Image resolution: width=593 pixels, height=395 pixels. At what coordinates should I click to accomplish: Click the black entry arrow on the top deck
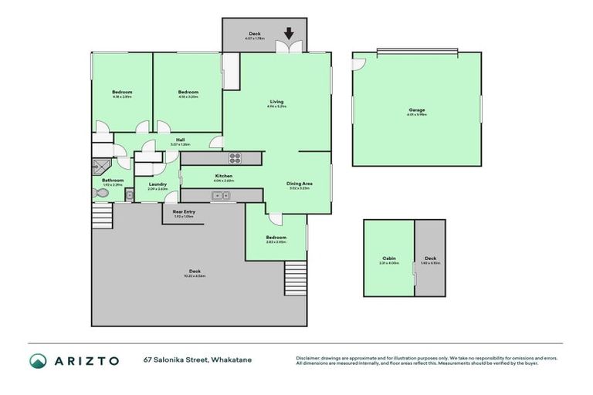(289, 33)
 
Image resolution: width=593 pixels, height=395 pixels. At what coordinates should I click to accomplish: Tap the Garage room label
(417, 110)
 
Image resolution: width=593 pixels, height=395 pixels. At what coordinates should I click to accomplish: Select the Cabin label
(388, 258)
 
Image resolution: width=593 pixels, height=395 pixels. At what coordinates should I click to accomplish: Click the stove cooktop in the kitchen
(235, 158)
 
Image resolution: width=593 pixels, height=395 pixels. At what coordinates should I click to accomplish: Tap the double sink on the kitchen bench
(222, 196)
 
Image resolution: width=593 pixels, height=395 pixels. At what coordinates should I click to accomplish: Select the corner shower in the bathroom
(101, 164)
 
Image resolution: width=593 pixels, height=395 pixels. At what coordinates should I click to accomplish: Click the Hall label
(179, 140)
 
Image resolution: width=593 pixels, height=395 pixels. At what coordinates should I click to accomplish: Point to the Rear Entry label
(184, 211)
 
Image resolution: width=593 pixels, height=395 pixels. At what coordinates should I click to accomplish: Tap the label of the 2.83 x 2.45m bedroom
(276, 238)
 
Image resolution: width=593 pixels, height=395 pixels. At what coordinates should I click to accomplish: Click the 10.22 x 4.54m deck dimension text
(195, 275)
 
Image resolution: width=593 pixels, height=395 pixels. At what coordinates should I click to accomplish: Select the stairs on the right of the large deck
(296, 273)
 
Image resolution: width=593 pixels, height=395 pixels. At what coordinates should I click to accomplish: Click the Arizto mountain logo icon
(39, 361)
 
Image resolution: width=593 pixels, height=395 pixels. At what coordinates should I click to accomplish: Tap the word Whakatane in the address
(230, 360)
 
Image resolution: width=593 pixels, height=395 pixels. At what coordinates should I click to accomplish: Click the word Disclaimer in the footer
(310, 357)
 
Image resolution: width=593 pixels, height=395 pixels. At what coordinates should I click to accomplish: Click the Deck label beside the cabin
(430, 258)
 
